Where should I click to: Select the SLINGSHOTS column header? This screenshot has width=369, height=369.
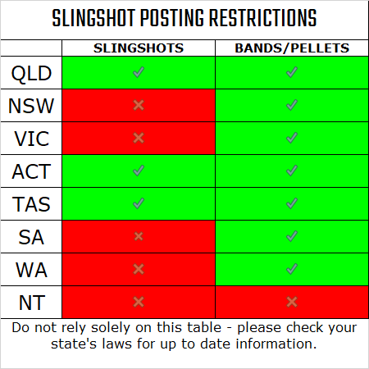139,48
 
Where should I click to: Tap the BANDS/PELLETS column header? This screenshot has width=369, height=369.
291,48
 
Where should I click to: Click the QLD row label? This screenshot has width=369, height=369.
32,73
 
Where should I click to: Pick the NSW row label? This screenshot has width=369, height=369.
32,106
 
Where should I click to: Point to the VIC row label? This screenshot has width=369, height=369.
32,139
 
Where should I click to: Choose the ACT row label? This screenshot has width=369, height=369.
32,171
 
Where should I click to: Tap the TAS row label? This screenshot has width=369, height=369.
32,204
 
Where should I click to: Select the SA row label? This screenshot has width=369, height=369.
32,237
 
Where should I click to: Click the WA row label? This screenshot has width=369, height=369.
32,269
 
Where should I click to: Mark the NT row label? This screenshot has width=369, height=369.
32,302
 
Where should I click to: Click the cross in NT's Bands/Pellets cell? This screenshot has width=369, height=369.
291,301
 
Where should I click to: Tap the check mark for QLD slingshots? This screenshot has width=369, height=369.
139,73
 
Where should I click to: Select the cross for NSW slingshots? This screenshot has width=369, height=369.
139,106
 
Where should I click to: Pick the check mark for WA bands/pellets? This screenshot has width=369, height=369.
291,268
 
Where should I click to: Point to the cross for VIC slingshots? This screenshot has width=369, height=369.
139,138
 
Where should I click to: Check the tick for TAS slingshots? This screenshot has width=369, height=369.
139,203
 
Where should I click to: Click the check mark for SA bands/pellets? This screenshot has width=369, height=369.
291,236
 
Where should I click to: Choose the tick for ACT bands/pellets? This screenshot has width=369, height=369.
291,171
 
